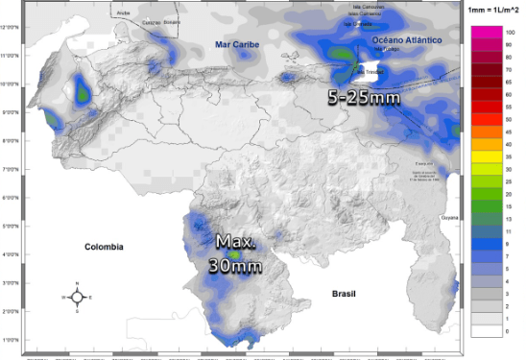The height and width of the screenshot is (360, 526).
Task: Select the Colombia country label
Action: tap(104, 247)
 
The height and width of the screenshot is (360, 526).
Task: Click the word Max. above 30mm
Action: tap(236, 241)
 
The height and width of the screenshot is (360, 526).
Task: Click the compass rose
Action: tap(77, 297)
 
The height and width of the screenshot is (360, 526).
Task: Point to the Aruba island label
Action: tap(122, 14)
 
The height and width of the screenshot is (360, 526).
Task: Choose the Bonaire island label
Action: tap(172, 20)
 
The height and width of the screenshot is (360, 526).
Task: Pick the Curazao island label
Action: tap(151, 21)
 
